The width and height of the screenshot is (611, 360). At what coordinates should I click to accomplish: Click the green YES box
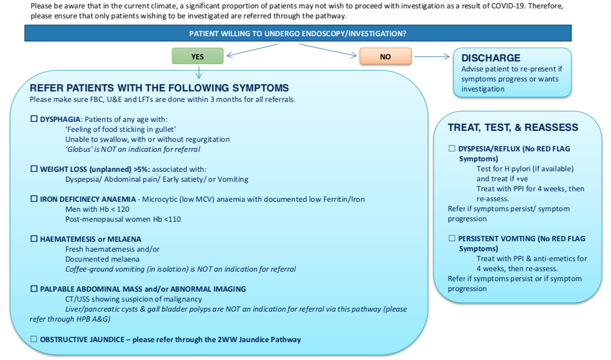click(198, 56)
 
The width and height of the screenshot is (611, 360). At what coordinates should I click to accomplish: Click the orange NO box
click(385, 56)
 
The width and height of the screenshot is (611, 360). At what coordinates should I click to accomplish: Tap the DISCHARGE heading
click(491, 58)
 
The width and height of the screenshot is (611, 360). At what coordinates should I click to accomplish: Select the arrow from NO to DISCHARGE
click(432, 56)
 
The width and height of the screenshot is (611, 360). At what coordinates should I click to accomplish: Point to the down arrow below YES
click(199, 73)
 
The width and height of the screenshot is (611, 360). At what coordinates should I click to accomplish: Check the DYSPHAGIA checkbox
click(34, 119)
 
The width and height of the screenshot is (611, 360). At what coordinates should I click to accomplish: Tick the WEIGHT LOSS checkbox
click(34, 169)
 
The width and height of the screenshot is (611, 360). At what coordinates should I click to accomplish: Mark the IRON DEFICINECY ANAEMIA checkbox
click(34, 199)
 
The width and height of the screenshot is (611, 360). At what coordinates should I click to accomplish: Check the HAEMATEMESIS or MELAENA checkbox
click(34, 239)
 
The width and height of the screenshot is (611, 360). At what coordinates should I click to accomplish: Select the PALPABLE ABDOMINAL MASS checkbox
click(34, 289)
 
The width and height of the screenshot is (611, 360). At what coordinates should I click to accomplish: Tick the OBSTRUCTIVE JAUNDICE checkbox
click(34, 339)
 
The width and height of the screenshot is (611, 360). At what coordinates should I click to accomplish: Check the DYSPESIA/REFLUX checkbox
click(452, 148)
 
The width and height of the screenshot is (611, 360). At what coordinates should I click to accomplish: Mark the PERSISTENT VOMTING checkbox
click(452, 238)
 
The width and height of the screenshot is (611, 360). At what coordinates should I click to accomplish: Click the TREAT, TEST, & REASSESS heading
click(513, 127)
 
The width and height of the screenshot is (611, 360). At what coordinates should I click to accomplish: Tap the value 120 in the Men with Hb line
click(123, 209)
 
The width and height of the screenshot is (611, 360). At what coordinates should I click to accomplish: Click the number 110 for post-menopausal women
click(174, 219)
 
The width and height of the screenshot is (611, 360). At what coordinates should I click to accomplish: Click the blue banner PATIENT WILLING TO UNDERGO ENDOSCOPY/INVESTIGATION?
click(298, 34)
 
